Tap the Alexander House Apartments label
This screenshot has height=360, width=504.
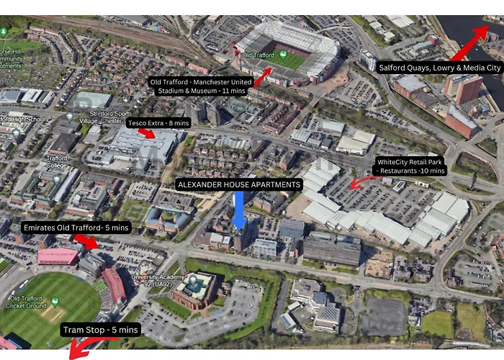click(238, 185)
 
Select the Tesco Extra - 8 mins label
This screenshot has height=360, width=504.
click(158, 123)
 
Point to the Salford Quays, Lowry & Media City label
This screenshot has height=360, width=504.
click(439, 68)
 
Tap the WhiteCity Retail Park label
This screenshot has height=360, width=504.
click(411, 166)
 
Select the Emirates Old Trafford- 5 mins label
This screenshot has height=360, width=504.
click(76, 228)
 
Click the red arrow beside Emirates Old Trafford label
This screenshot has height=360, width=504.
click(89, 242)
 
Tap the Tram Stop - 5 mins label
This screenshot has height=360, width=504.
click(99, 330)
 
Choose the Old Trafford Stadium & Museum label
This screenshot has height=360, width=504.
click(199, 86)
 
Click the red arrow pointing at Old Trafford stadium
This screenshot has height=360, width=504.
click(262, 76)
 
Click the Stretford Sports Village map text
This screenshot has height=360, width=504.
click(108, 117)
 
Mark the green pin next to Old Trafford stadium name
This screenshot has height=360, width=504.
click(283, 55)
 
